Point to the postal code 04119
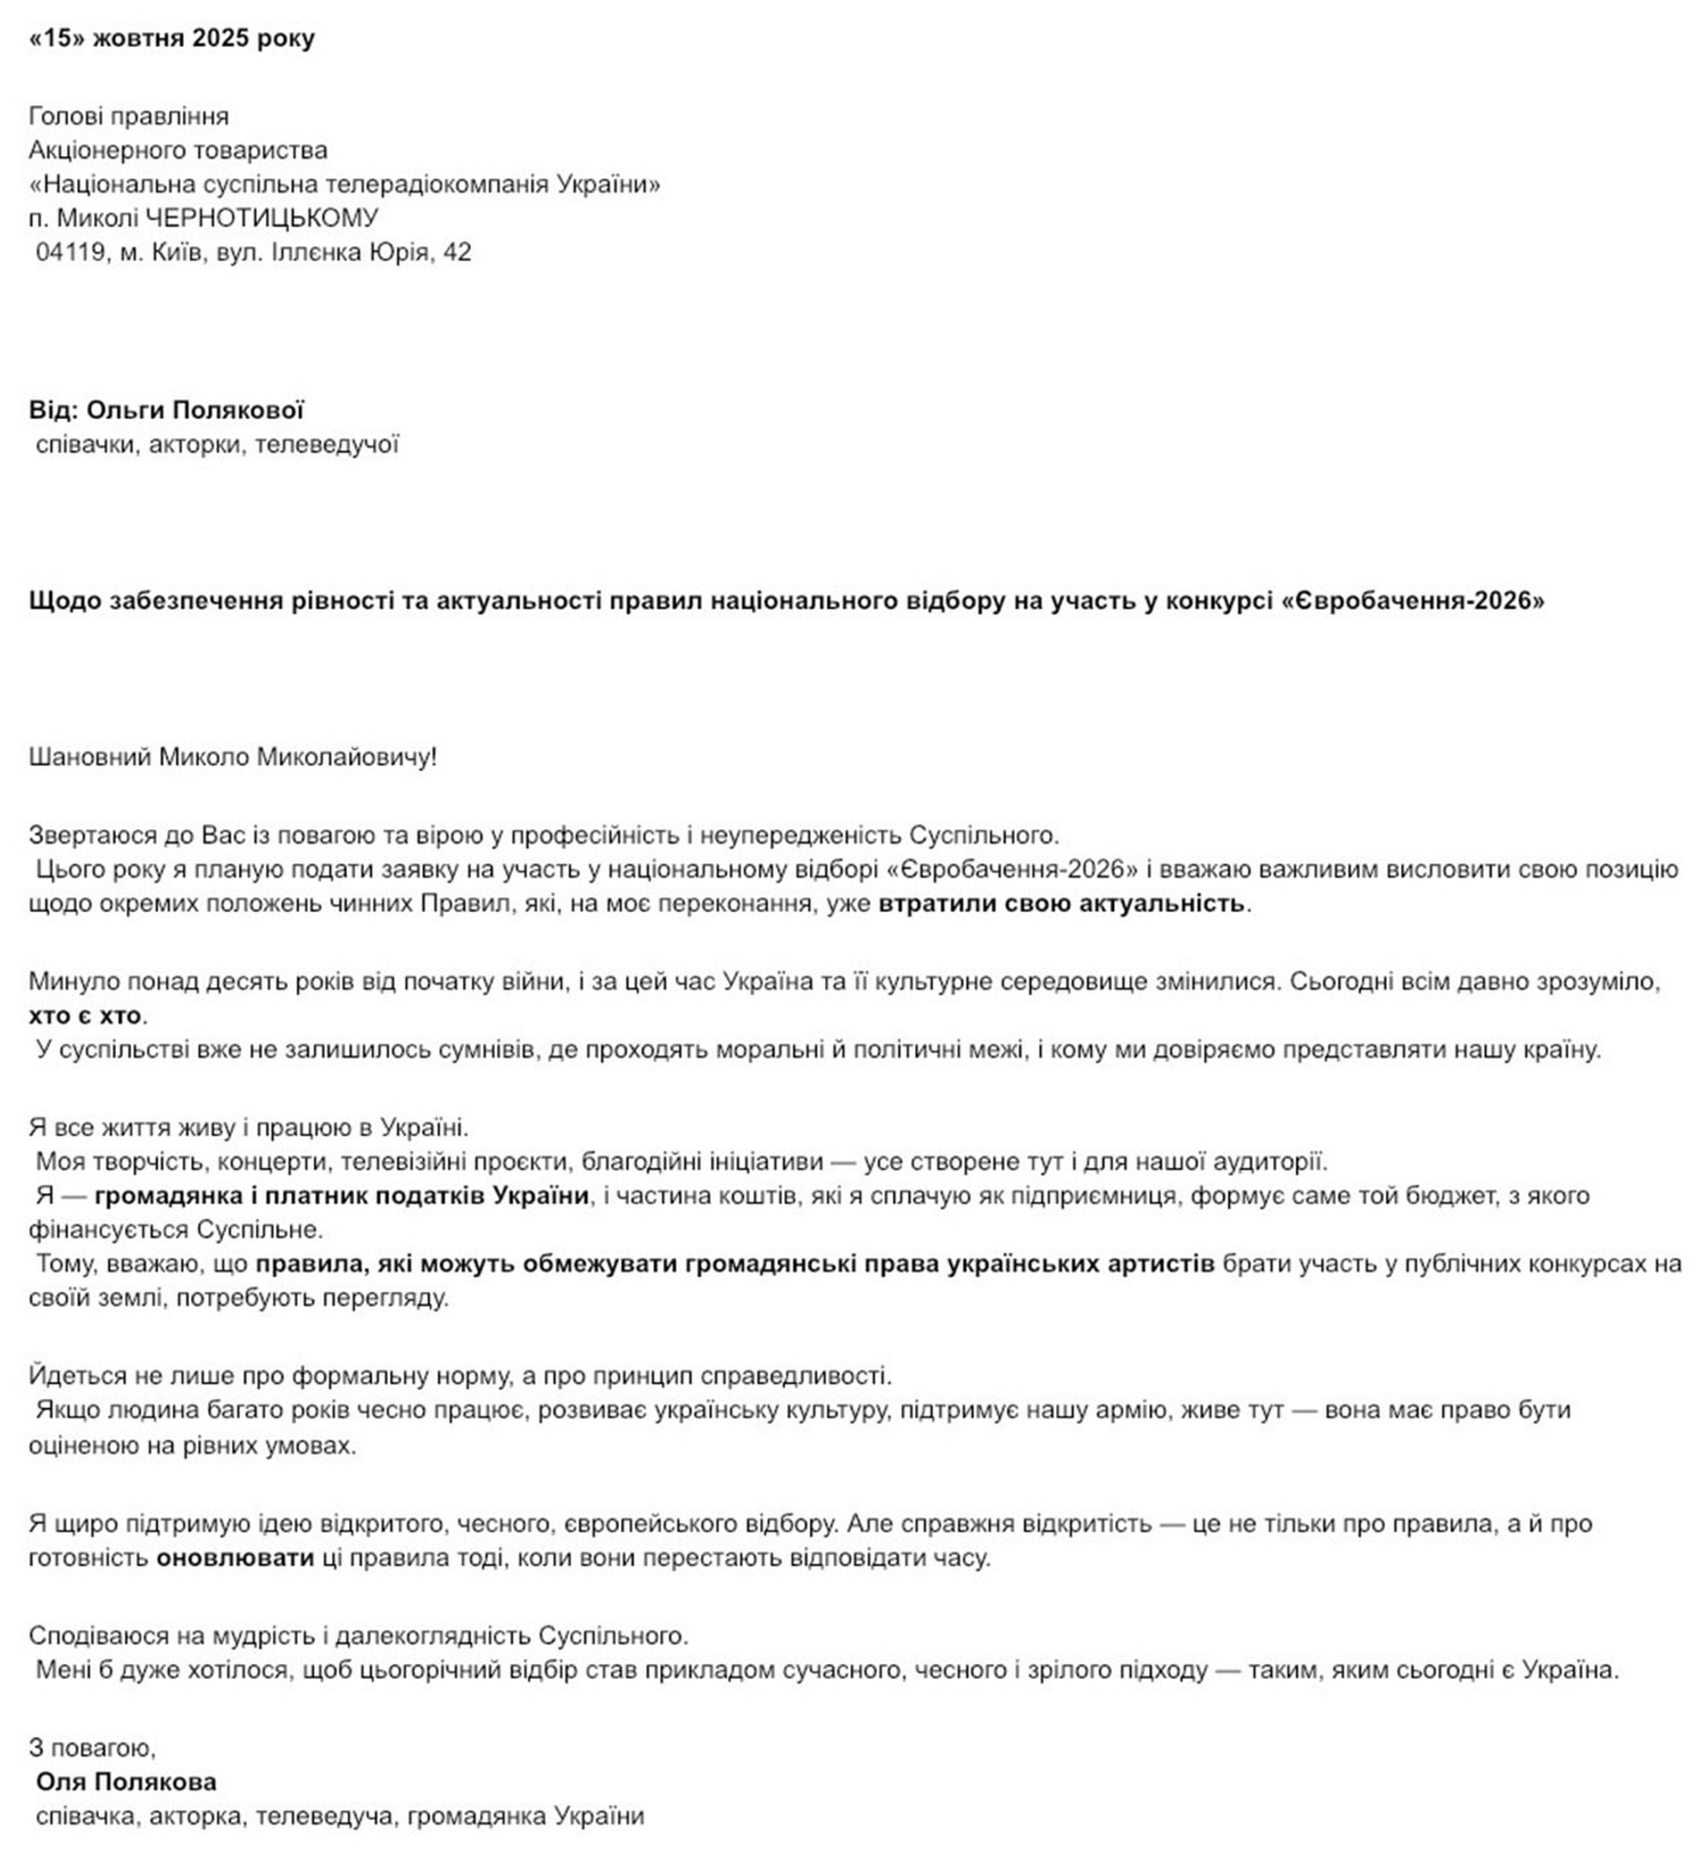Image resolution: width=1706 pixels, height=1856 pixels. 70,252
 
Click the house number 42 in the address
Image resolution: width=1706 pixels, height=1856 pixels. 457,252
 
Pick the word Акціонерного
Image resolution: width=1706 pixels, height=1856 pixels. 102,149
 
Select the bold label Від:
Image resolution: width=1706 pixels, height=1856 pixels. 54,410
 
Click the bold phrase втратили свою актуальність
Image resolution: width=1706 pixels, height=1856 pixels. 1061,903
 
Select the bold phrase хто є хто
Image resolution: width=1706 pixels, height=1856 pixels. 86,1015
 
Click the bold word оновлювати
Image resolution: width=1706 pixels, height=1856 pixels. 235,1557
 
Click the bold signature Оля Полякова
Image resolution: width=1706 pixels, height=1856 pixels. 126,1782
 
